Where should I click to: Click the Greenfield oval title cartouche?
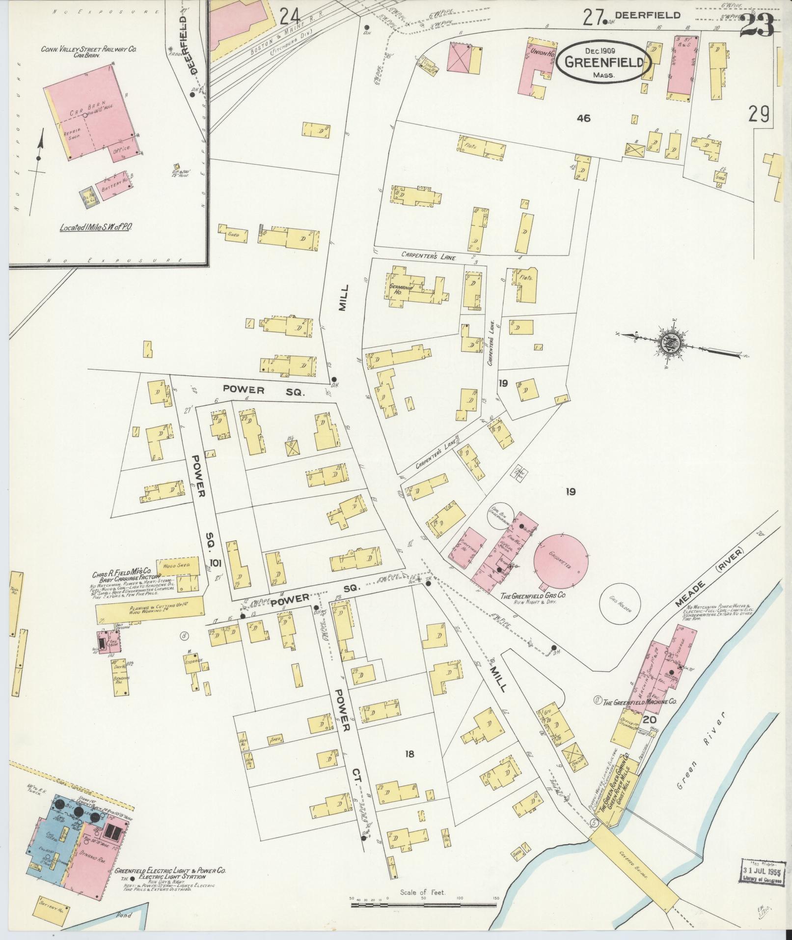tap(604, 61)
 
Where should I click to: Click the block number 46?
tap(584, 118)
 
